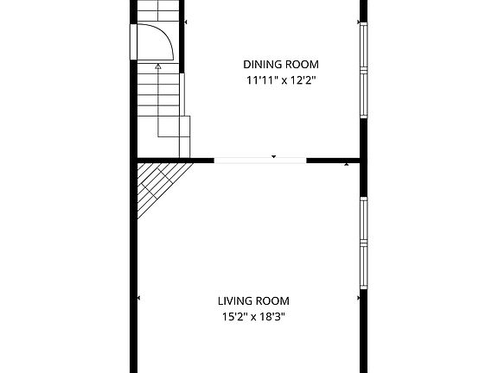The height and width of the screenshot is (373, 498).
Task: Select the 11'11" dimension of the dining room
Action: click(264, 80)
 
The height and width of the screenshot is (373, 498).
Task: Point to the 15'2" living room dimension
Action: click(237, 317)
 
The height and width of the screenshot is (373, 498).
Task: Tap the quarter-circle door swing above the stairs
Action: click(157, 41)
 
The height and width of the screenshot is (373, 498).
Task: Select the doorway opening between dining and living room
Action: click(260, 160)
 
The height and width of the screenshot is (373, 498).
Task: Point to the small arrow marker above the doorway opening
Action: click(274, 156)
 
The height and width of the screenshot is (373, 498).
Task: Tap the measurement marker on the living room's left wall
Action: click(139, 298)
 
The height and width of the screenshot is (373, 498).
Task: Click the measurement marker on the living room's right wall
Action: click(358, 298)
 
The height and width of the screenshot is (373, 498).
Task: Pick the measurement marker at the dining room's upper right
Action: click(358, 21)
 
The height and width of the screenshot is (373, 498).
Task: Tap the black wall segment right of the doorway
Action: click(333, 160)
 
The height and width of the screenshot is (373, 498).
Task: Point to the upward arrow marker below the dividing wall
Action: click(347, 163)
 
